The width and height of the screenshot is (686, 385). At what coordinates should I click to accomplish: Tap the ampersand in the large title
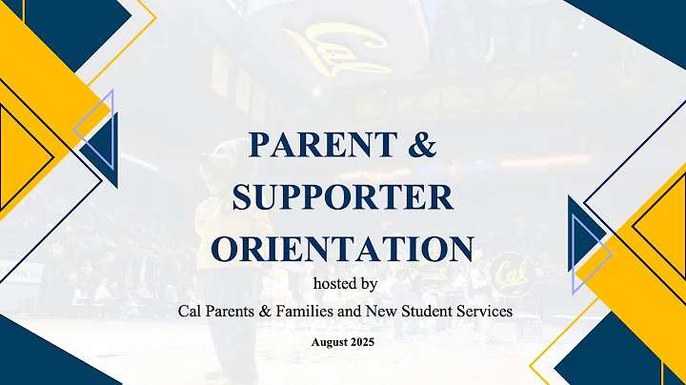coord(422,146)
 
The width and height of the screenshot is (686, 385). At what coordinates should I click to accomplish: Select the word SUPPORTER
coord(342,196)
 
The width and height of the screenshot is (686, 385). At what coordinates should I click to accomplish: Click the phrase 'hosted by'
coord(345,283)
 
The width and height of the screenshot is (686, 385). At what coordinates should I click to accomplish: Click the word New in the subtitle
coord(377,311)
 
